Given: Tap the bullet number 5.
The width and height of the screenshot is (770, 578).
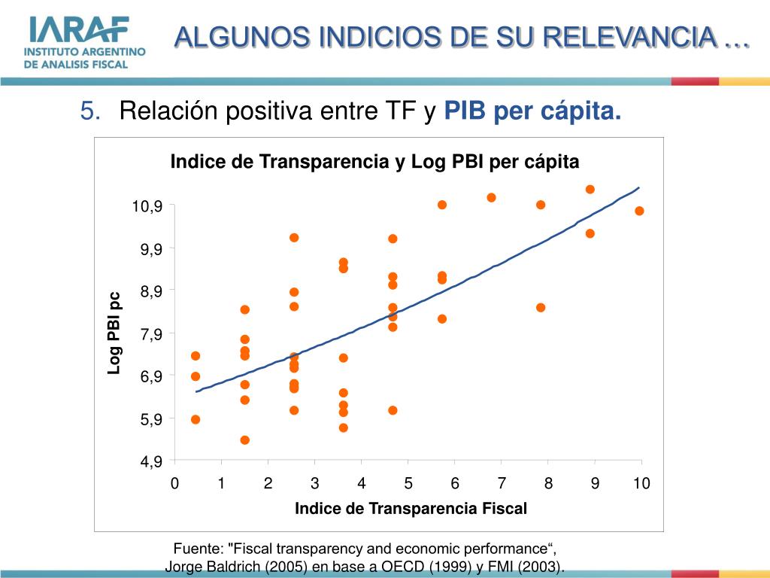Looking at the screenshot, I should tap(89, 112).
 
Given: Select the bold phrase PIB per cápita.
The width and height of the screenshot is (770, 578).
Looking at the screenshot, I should tap(533, 112).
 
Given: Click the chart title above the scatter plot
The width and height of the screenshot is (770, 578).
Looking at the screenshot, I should tap(375, 162).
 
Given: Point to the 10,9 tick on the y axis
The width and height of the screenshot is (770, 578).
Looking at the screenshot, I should tap(148, 206).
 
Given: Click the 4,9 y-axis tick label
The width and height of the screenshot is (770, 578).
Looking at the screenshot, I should tap(150, 461).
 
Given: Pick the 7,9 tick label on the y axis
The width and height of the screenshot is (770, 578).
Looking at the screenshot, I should tap(150, 333).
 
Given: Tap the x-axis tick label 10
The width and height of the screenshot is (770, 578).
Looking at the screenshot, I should tap(641, 483).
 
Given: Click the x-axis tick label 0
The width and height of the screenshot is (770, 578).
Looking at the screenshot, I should tap(174, 483).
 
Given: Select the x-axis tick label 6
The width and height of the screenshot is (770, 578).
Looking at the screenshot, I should tap(455, 483).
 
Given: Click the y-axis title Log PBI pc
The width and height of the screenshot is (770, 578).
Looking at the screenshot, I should tap(114, 333).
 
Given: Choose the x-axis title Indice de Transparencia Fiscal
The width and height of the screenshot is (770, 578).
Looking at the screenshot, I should tap(411, 509).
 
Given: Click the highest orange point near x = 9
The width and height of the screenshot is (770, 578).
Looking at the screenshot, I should tap(590, 189).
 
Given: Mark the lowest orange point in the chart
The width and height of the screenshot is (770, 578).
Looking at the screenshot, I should tap(244, 440).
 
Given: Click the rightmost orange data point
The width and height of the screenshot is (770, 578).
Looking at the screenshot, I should tap(639, 211).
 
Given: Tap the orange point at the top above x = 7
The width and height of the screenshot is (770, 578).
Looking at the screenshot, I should tap(491, 197).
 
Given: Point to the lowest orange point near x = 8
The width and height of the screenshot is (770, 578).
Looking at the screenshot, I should tap(540, 307).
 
